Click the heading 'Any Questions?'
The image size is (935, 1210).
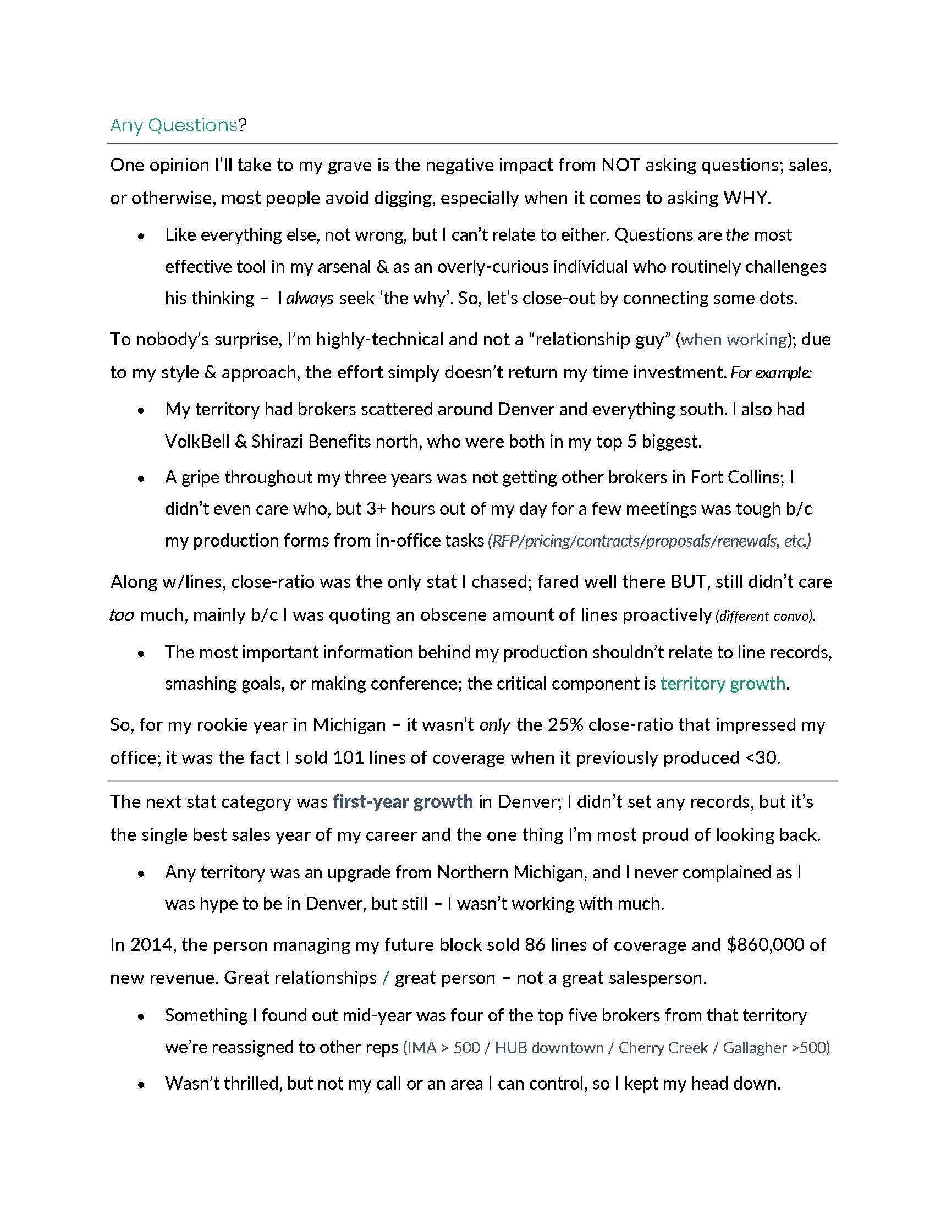click(178, 125)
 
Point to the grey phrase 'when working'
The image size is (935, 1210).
click(733, 339)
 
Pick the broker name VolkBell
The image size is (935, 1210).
click(197, 442)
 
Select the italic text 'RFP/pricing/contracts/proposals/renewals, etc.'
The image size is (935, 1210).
click(649, 541)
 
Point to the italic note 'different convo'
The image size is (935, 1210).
click(765, 616)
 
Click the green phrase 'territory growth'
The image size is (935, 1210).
click(722, 684)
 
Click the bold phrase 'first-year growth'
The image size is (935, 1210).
click(403, 802)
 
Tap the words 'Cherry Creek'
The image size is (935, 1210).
click(663, 1048)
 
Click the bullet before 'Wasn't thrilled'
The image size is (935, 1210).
click(142, 1084)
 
